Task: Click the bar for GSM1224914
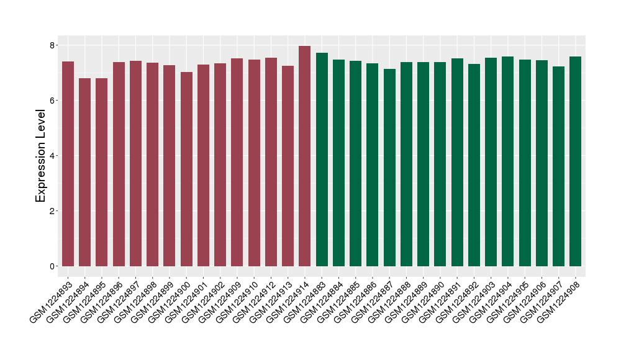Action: click(305, 156)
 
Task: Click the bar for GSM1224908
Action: click(576, 161)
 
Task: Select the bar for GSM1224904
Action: click(508, 161)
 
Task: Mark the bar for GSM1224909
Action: click(237, 162)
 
